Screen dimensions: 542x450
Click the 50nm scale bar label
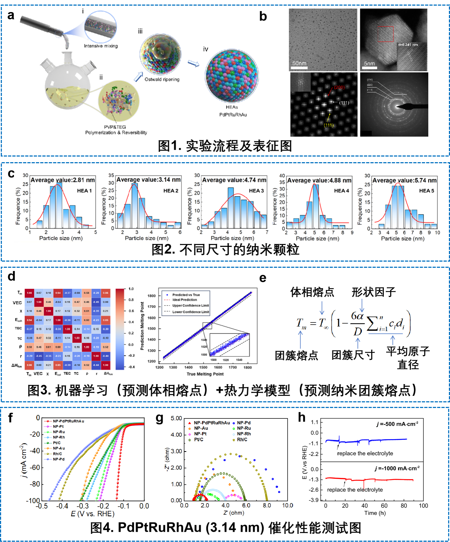pyautogui.click(x=299, y=63)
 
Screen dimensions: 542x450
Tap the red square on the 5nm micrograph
pyautogui.click(x=385, y=34)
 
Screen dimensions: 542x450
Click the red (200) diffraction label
pyautogui.click(x=339, y=87)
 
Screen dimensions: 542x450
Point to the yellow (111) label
pyautogui.click(x=329, y=125)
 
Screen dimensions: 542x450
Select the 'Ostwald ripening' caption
pyautogui.click(x=162, y=79)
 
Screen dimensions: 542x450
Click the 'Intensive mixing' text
pyautogui.click(x=101, y=46)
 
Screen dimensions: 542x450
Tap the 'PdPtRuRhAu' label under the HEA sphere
pyautogui.click(x=233, y=115)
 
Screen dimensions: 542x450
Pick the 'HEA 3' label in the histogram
pyautogui.click(x=256, y=191)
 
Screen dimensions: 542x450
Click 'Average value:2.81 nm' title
pyautogui.click(x=62, y=180)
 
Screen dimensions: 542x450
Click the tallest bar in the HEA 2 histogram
pyautogui.click(x=135, y=205)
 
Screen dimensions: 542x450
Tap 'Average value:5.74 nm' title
pyautogui.click(x=404, y=180)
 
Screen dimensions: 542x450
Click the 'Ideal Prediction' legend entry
pyautogui.click(x=185, y=300)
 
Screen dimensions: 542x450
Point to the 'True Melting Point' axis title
pyautogui.click(x=205, y=374)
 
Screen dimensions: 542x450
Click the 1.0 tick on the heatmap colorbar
pyautogui.click(x=131, y=289)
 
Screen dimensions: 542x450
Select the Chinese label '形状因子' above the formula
pyautogui.click(x=373, y=292)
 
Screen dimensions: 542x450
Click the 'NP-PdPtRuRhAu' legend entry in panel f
pyautogui.click(x=68, y=421)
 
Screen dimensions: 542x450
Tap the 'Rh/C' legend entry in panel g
pyautogui.click(x=242, y=440)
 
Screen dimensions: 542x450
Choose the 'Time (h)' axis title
pyautogui.click(x=375, y=513)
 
